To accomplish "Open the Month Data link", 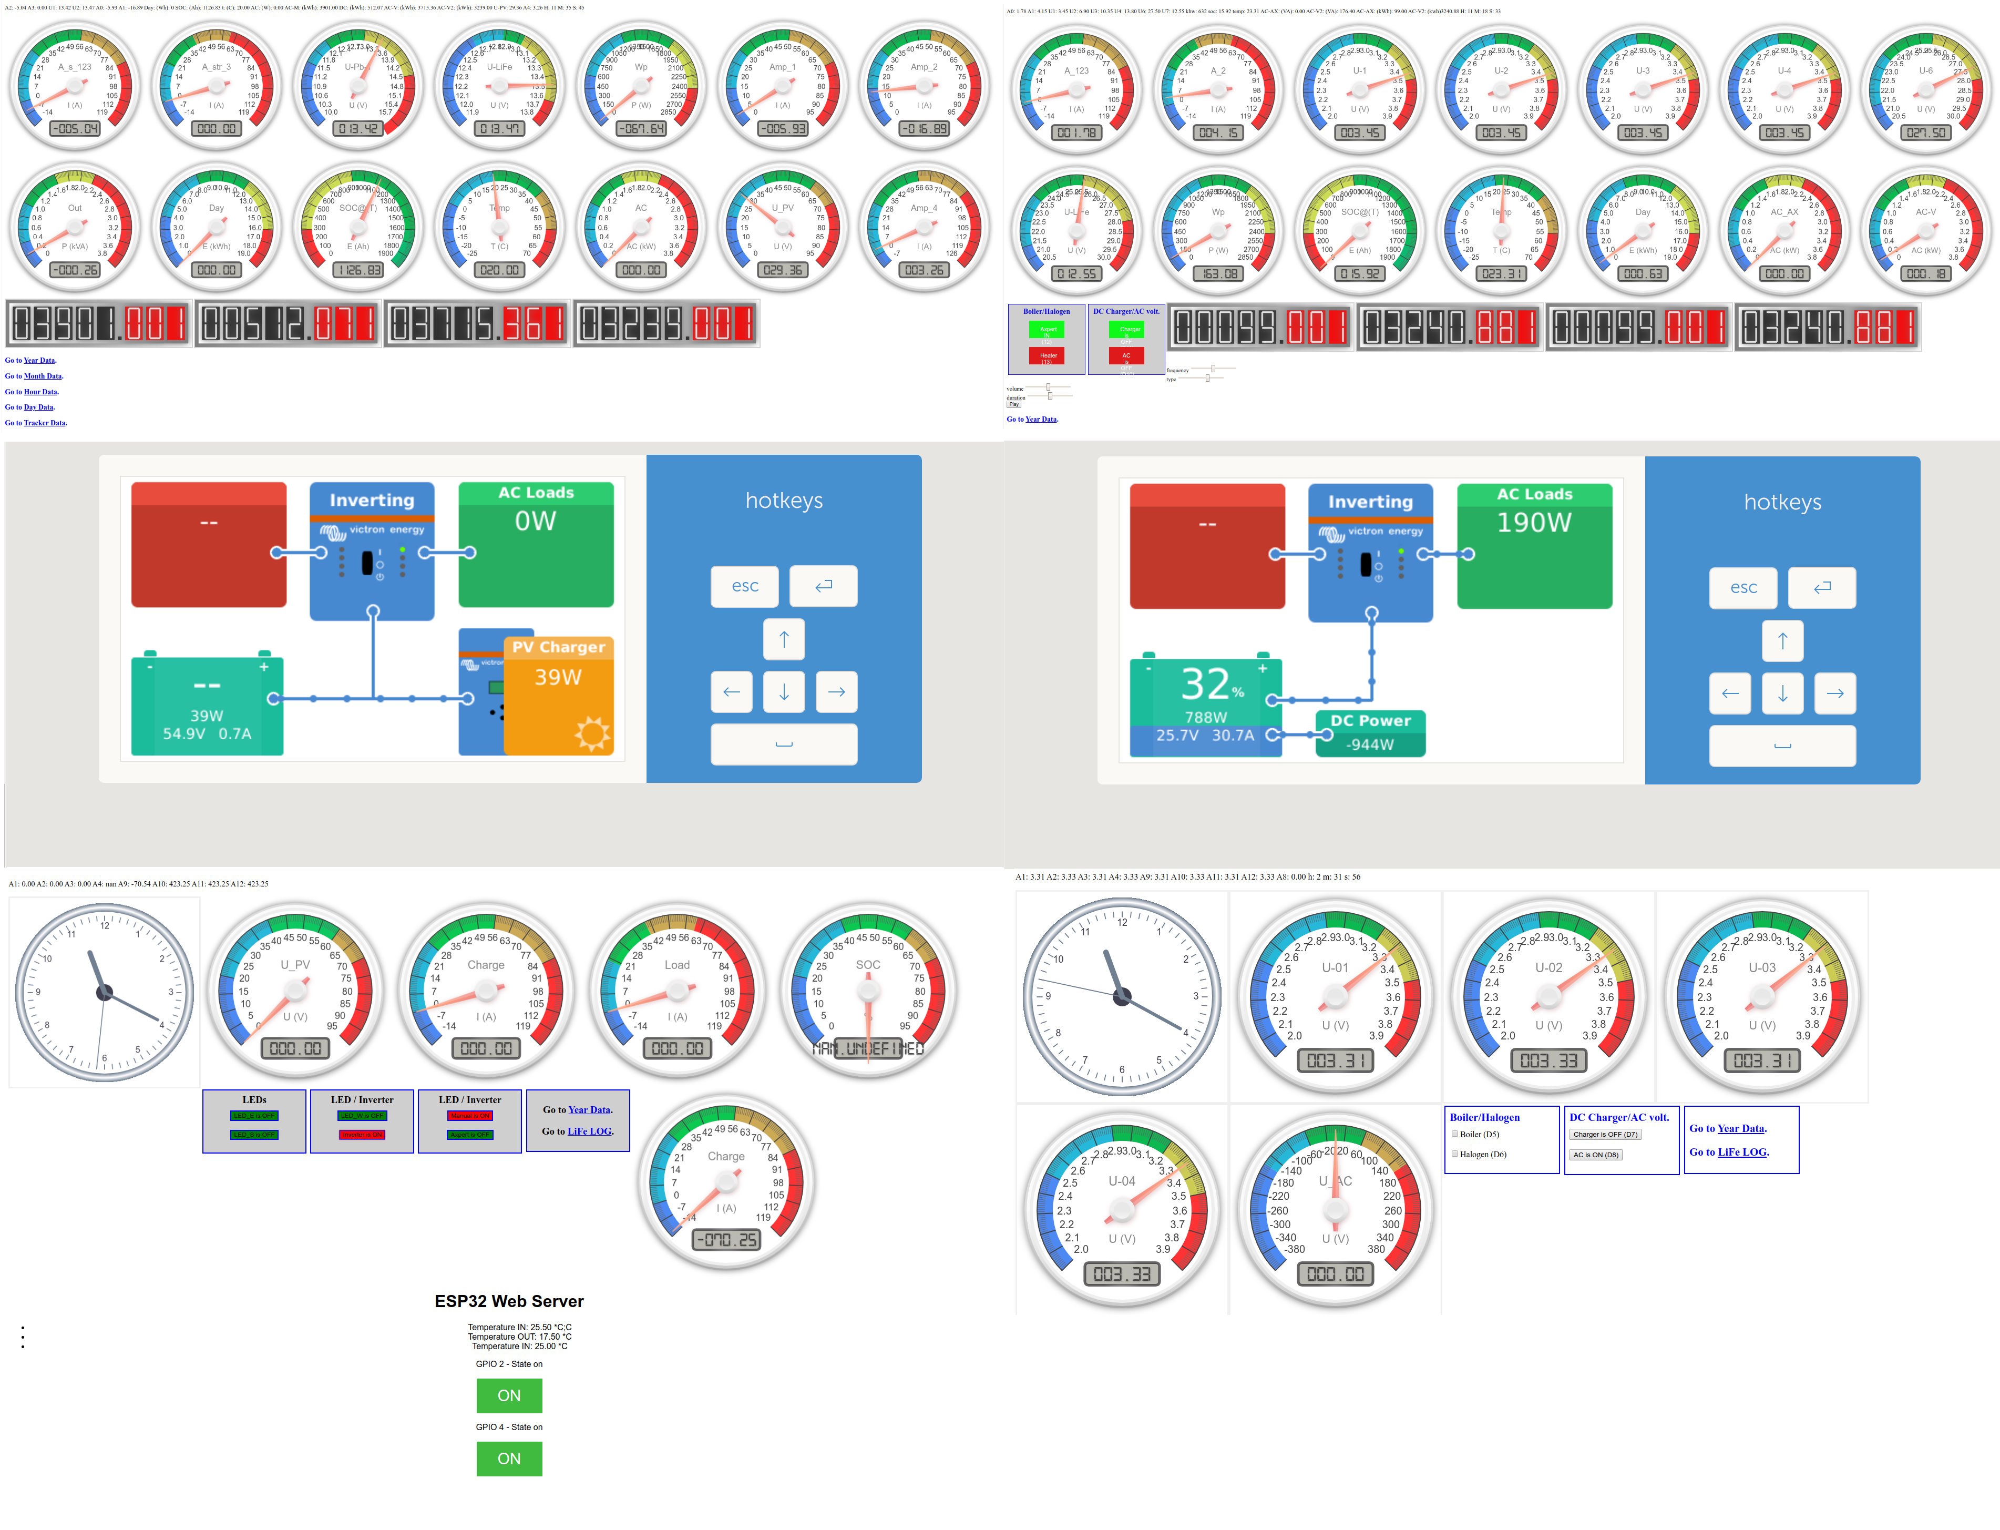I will [43, 376].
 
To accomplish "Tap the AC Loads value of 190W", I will [1534, 523].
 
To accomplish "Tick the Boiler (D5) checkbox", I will [1455, 1135].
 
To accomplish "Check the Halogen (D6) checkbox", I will [1455, 1155].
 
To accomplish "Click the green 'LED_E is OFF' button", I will [254, 1116].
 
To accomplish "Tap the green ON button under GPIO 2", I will [509, 1396].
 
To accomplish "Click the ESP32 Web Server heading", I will [509, 1301].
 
